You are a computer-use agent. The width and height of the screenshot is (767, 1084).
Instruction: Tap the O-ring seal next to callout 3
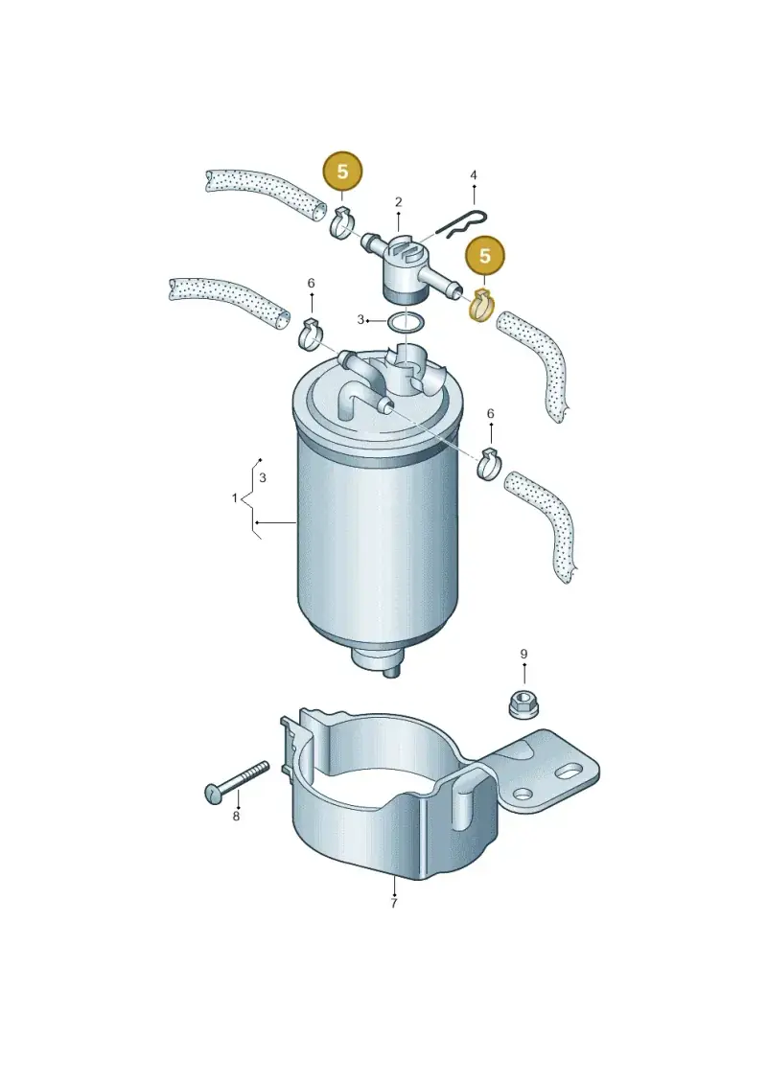(404, 322)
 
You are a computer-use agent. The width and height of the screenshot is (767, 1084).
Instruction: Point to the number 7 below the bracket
(393, 903)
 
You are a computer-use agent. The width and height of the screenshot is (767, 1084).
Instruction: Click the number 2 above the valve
(399, 202)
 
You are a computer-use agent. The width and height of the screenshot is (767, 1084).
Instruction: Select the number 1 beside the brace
(235, 497)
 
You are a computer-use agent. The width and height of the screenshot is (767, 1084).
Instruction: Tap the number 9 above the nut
(523, 654)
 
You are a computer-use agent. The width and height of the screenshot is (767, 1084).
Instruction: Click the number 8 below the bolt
(236, 817)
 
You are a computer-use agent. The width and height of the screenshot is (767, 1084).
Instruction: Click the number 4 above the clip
(474, 175)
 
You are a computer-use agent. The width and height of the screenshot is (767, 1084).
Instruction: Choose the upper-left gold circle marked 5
(342, 171)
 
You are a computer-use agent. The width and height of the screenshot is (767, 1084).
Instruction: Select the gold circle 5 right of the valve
(485, 256)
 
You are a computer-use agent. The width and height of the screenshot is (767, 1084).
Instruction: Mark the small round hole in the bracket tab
(523, 793)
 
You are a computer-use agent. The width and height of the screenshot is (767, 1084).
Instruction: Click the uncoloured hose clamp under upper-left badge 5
(342, 222)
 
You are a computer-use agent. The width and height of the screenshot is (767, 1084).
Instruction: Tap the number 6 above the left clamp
(312, 284)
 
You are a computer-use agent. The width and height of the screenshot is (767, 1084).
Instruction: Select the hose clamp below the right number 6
(490, 463)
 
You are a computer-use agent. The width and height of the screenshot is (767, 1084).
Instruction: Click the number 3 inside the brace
(263, 477)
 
